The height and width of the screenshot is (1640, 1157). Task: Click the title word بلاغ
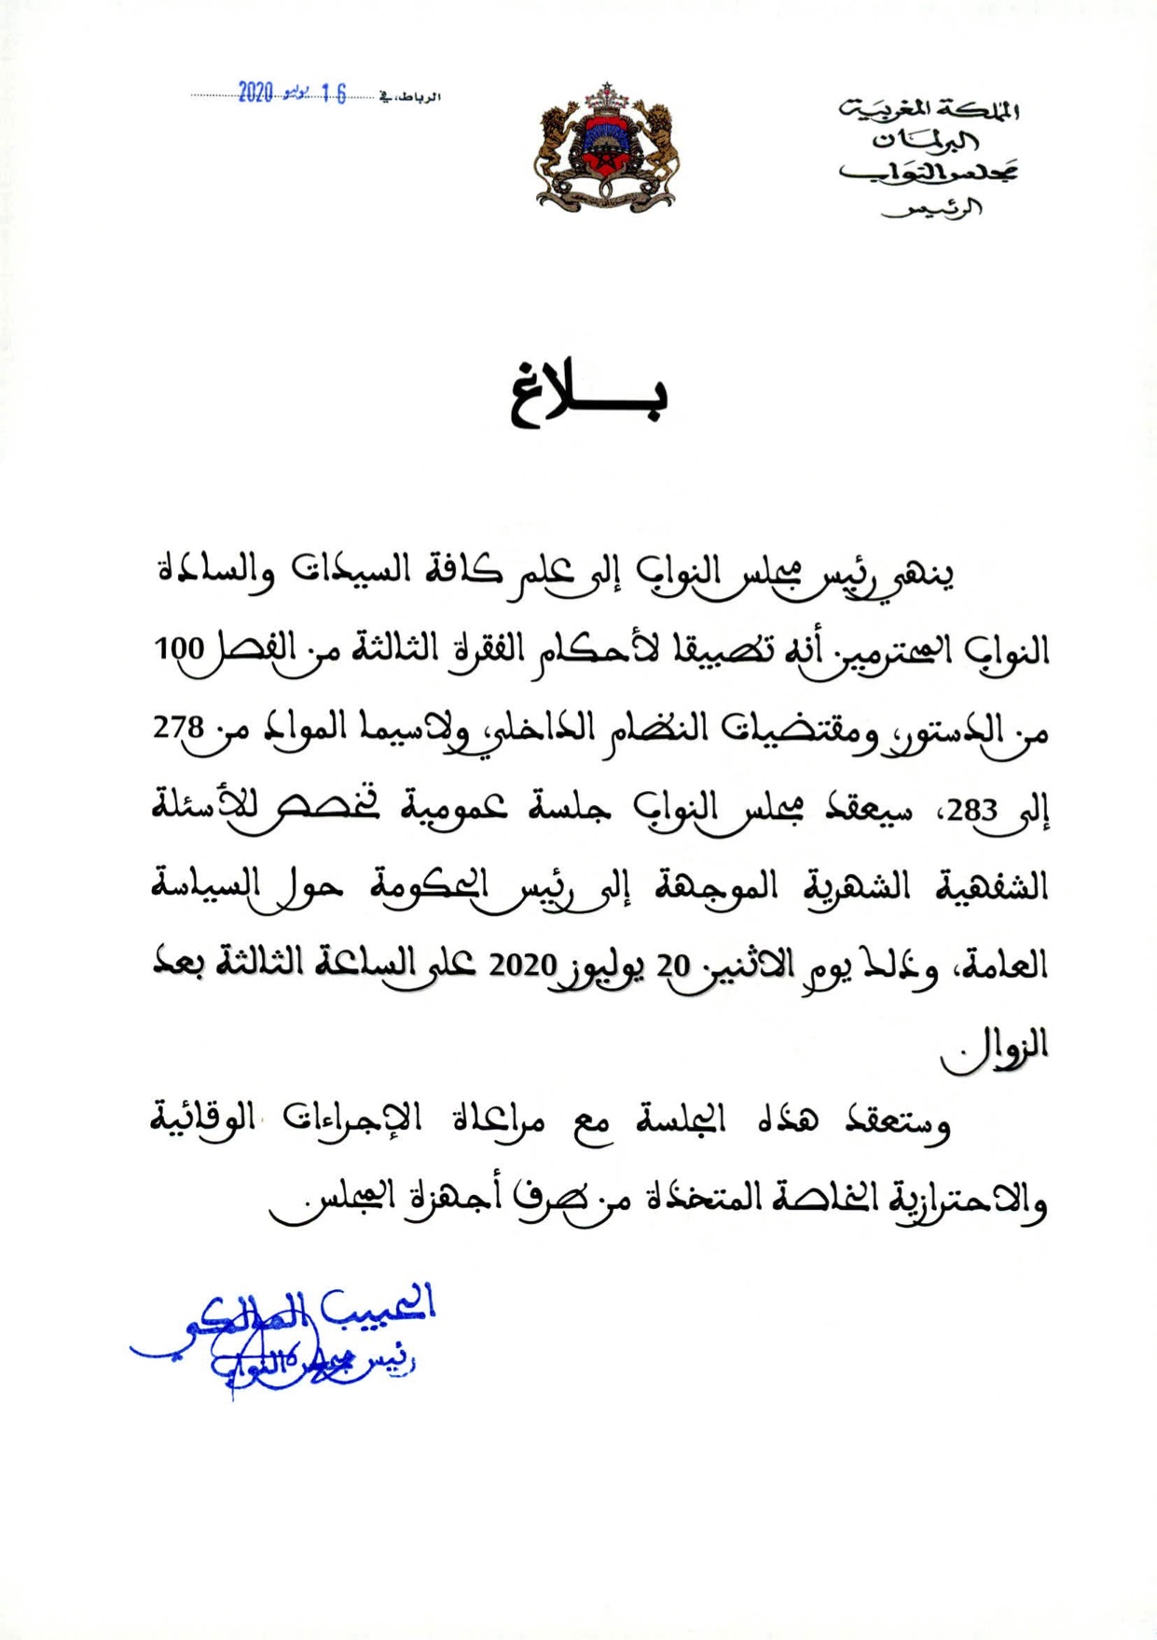(x=588, y=398)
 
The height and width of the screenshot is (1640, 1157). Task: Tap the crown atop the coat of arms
(x=608, y=94)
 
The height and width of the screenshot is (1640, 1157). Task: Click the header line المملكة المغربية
(x=929, y=112)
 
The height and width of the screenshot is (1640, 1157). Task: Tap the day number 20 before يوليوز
(x=671, y=965)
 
